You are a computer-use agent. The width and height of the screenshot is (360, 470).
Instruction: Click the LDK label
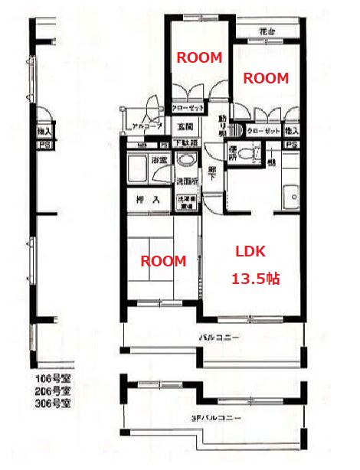tap(250, 251)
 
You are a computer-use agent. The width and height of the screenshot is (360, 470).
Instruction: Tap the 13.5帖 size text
tap(255, 279)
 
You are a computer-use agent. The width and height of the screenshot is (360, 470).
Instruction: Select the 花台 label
tap(267, 33)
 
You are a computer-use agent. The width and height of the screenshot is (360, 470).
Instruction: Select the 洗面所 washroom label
tap(187, 182)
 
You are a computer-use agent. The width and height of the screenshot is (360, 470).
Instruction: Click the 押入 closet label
tap(147, 201)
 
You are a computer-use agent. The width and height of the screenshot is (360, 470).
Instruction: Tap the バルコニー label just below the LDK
tap(219, 338)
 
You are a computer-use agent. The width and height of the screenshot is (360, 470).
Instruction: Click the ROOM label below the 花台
tap(265, 78)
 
